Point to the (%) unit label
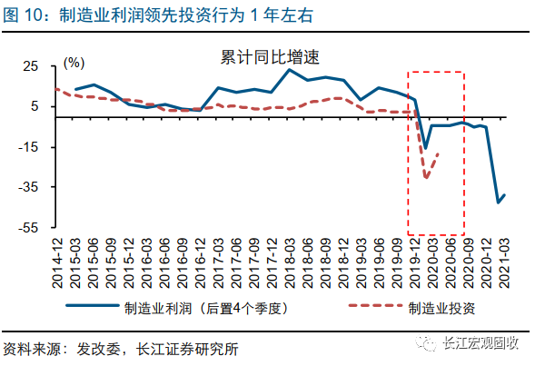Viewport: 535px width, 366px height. [x=74, y=63]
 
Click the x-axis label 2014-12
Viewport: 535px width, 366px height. [x=57, y=259]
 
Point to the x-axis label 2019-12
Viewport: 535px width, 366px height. [x=414, y=259]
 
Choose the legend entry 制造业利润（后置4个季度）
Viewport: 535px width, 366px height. [x=203, y=307]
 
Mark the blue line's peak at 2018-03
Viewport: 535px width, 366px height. [x=290, y=70]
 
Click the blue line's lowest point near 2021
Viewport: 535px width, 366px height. [x=498, y=203]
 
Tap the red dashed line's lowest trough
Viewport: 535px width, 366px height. [x=426, y=178]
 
